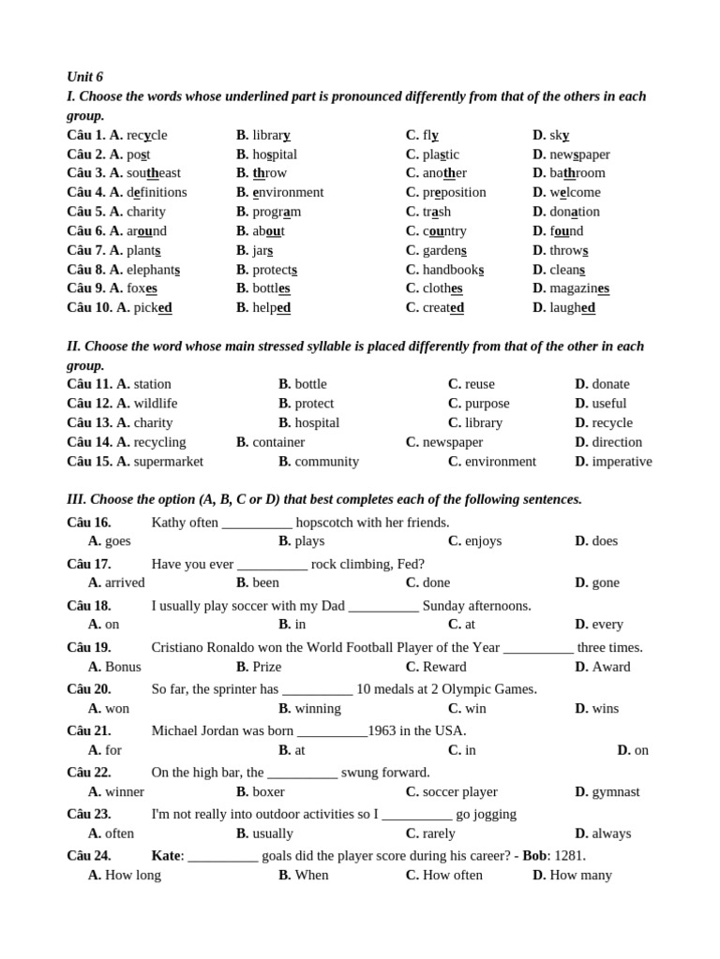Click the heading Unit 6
[x=85, y=77]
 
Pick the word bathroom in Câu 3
[x=577, y=173]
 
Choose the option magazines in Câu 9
[x=579, y=288]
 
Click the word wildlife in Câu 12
[x=156, y=404]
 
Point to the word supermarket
[x=169, y=462]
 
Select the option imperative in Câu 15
[x=622, y=462]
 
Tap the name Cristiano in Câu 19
[x=180, y=647]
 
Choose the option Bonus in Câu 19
[x=123, y=667]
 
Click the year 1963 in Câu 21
[x=383, y=730]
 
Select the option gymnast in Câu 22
[x=616, y=791]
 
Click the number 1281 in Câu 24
[x=568, y=856]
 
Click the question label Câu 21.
[x=89, y=730]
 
